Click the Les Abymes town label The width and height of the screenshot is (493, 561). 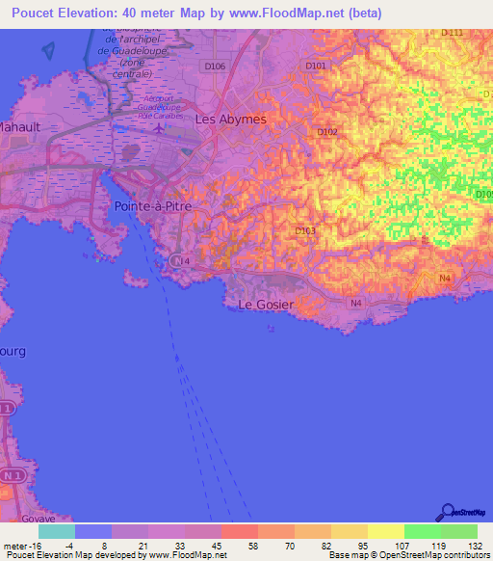tap(230, 120)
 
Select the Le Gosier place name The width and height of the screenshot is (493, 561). tap(266, 305)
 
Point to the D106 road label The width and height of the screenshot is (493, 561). tap(215, 67)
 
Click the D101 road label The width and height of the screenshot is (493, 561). tap(316, 66)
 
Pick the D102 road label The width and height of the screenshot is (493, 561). tap(327, 132)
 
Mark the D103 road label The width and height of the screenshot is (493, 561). tap(305, 230)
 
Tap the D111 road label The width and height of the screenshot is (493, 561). tap(452, 33)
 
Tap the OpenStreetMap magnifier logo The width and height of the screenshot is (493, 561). tap(446, 513)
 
